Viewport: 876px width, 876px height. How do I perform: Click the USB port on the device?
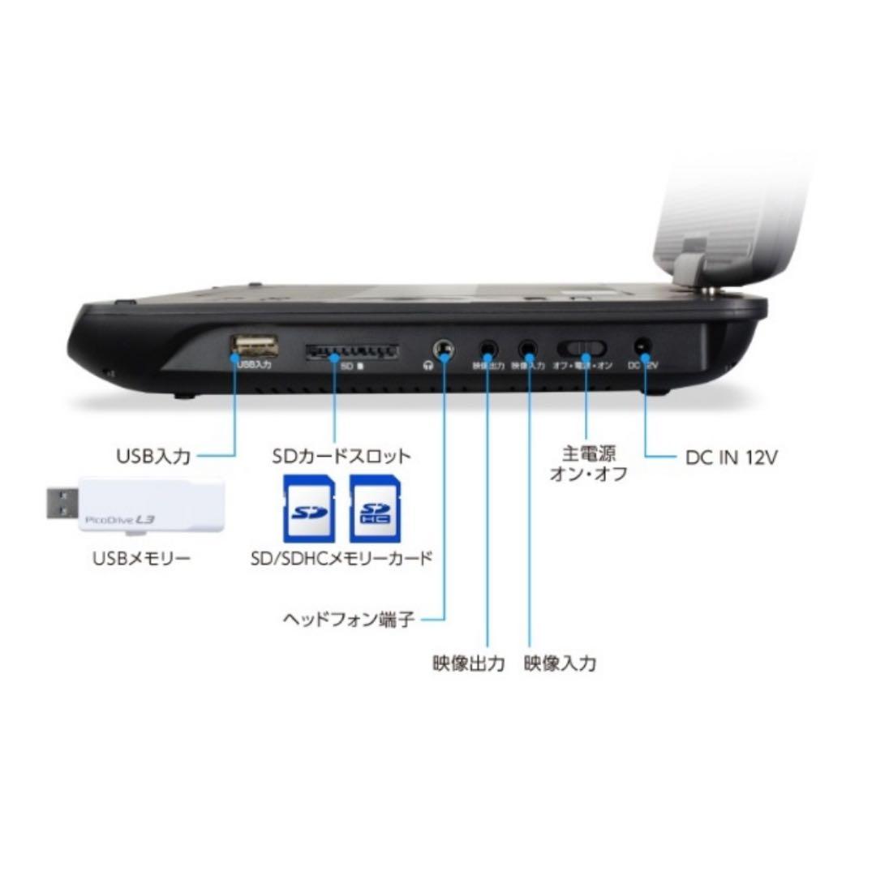[x=253, y=346]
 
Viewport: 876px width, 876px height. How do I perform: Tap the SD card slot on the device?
[x=350, y=352]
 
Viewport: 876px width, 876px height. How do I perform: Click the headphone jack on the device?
[x=444, y=350]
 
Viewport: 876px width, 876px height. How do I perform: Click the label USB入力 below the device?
[x=154, y=457]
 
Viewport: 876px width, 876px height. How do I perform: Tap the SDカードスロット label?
[x=341, y=456]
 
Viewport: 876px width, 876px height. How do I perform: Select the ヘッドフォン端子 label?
[x=350, y=620]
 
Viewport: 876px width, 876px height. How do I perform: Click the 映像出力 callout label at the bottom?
[x=469, y=663]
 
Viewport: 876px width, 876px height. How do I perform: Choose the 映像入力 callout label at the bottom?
[x=560, y=663]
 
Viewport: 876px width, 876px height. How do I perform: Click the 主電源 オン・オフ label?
[x=588, y=463]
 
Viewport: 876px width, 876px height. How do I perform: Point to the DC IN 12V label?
[x=731, y=457]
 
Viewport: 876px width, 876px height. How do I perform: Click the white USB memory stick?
[x=150, y=505]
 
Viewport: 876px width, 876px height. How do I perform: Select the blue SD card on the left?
[x=309, y=509]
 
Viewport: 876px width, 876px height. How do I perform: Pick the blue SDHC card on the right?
[x=375, y=509]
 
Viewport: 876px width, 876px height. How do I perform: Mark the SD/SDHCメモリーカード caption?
[x=341, y=560]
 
